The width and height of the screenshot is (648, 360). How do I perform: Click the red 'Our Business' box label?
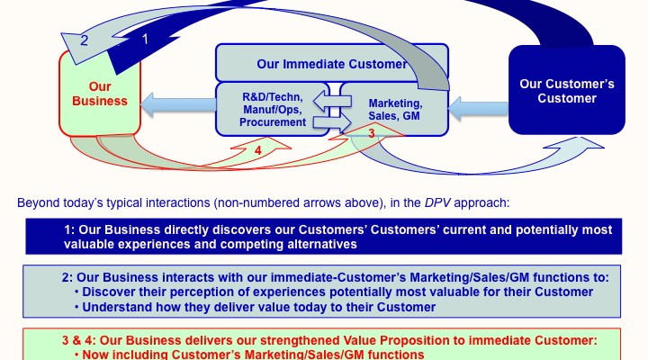pyautogui.click(x=100, y=94)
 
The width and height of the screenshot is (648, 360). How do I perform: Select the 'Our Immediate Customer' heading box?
pyautogui.click(x=332, y=63)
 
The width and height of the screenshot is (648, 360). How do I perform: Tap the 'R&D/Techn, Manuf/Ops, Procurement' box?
pyautogui.click(x=273, y=110)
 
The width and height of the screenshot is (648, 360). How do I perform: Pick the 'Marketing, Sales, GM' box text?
pyautogui.click(x=395, y=110)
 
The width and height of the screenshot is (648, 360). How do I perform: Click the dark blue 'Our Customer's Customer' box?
pyautogui.click(x=567, y=90)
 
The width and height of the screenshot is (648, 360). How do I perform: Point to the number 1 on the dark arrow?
pyautogui.click(x=145, y=39)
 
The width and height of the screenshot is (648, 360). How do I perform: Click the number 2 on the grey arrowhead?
pyautogui.click(x=84, y=40)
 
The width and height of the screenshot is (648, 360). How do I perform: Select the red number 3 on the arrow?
pyautogui.click(x=372, y=133)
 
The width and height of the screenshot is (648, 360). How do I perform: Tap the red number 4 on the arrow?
pyautogui.click(x=258, y=150)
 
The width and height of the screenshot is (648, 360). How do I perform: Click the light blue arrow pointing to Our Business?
pyautogui.click(x=178, y=104)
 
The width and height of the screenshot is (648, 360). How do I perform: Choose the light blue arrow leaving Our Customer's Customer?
pyautogui.click(x=478, y=109)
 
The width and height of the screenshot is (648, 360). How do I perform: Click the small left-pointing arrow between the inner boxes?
pyautogui.click(x=332, y=102)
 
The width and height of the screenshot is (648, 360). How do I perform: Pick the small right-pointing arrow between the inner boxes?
pyautogui.click(x=332, y=122)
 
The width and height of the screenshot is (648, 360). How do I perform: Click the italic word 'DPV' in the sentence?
pyautogui.click(x=437, y=202)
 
